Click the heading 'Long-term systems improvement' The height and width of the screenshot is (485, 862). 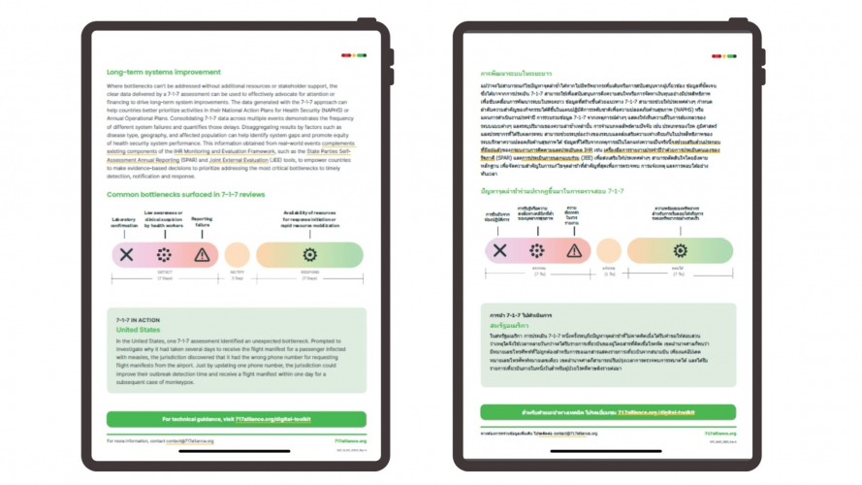pyautogui.click(x=164, y=73)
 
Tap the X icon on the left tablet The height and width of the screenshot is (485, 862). pyautogui.click(x=126, y=255)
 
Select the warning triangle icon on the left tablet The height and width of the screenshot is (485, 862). pyautogui.click(x=202, y=255)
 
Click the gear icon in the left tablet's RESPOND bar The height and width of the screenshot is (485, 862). pyautogui.click(x=310, y=255)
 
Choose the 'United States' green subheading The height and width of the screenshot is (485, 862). pyautogui.click(x=138, y=330)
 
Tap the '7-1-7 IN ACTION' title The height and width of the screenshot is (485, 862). pyautogui.click(x=136, y=319)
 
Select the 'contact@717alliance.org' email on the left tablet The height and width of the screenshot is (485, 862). pyautogui.click(x=190, y=440)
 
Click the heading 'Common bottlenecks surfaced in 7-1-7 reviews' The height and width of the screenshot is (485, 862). pyautogui.click(x=187, y=195)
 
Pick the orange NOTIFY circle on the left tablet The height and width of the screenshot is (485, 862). pyautogui.click(x=237, y=255)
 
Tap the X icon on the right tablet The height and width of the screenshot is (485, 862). pyautogui.click(x=499, y=251)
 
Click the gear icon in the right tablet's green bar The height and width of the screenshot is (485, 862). pyautogui.click(x=678, y=251)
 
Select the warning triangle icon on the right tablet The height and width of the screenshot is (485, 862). pyautogui.click(x=574, y=251)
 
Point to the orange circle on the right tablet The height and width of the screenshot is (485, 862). pyautogui.click(x=609, y=251)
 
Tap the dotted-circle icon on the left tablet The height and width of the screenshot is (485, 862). pyautogui.click(x=164, y=255)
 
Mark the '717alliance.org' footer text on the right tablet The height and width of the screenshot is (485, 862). pyautogui.click(x=719, y=434)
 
